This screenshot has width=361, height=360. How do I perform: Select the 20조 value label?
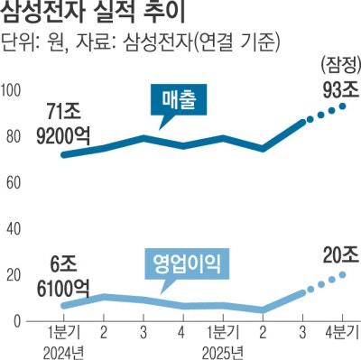[334, 255]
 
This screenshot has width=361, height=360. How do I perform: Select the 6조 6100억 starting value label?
[64, 276]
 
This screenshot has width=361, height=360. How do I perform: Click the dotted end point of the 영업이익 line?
[343, 273]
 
